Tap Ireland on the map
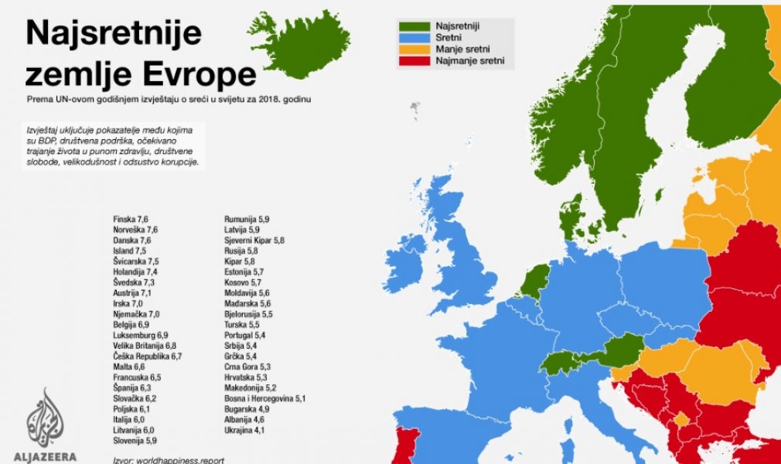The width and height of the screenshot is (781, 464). [x=404, y=264]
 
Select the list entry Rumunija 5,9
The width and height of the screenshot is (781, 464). [x=247, y=219]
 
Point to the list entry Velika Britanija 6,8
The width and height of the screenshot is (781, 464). [x=145, y=345]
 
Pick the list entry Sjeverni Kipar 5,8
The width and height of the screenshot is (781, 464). [x=254, y=241]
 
